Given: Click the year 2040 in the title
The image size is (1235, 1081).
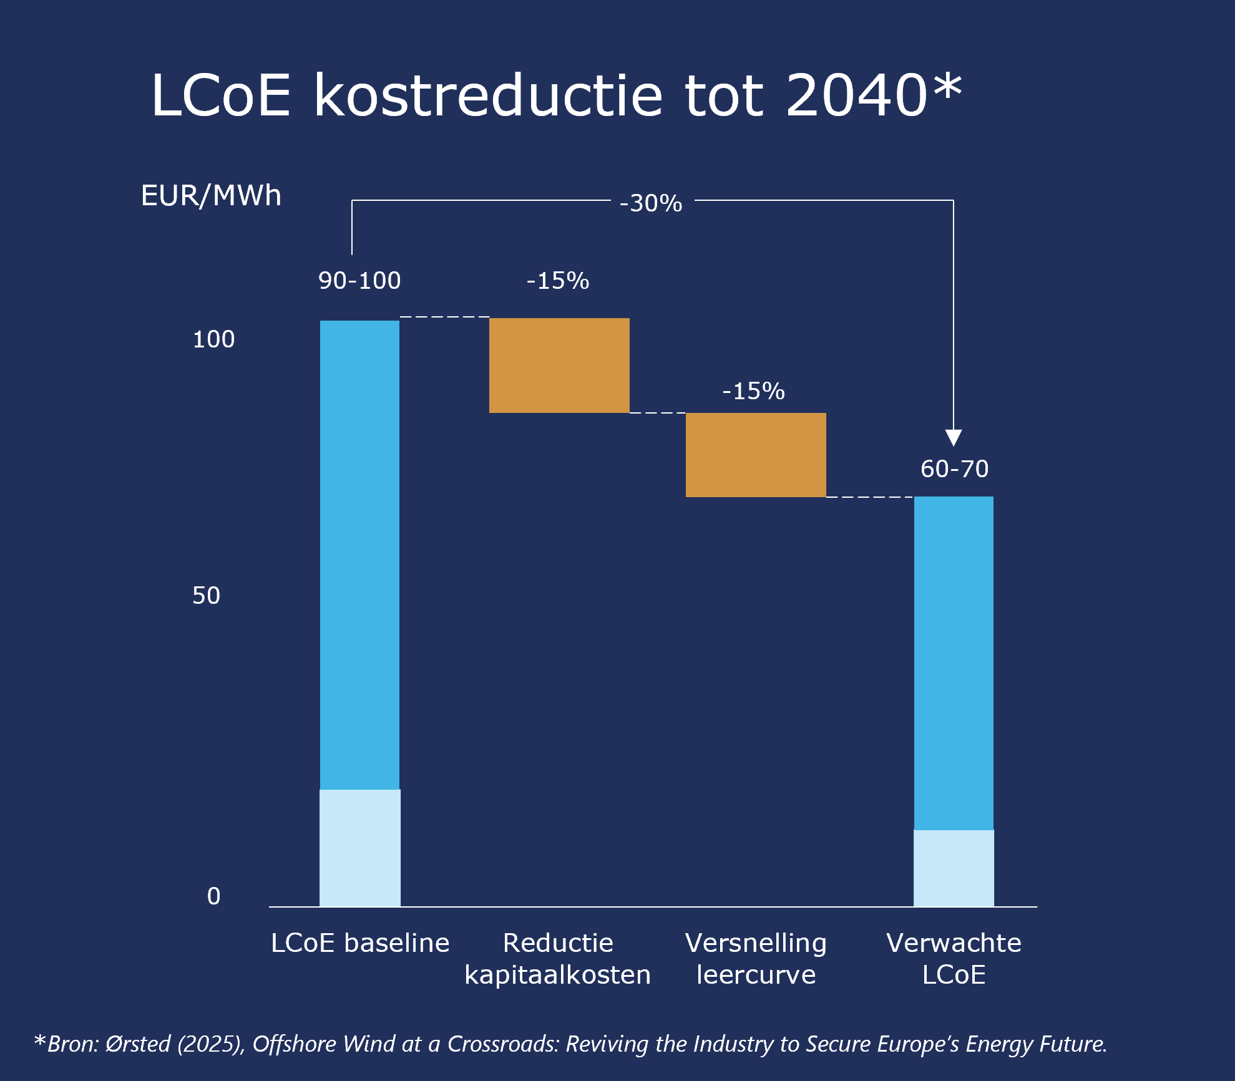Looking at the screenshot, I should [856, 95].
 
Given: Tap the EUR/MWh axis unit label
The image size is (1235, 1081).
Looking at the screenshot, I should [211, 196].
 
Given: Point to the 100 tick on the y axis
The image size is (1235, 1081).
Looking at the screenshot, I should [213, 339].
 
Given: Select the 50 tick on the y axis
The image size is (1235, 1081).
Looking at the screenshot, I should [206, 596].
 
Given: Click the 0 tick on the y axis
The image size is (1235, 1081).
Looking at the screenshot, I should [213, 896].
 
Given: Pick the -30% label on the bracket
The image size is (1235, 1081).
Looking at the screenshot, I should [651, 203].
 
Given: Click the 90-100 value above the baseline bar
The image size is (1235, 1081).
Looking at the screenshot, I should [359, 281].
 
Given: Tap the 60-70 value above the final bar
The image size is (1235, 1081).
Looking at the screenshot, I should [954, 469].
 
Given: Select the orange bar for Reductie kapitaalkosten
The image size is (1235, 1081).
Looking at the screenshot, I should [559, 366].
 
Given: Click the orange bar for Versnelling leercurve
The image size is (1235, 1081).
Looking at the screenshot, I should [756, 455].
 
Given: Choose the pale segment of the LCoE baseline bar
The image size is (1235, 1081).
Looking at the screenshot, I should [360, 848].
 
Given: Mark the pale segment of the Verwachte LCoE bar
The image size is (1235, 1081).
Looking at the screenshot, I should [954, 868].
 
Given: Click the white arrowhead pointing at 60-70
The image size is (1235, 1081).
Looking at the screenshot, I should [954, 437].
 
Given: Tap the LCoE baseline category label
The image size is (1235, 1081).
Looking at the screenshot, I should [360, 943].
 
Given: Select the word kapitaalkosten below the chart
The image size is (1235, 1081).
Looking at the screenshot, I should [557, 975].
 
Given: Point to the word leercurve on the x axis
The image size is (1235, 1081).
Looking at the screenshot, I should [756, 975].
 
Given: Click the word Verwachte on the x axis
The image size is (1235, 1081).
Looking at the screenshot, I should [954, 943].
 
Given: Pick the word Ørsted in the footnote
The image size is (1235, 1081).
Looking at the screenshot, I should [138, 1044].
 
